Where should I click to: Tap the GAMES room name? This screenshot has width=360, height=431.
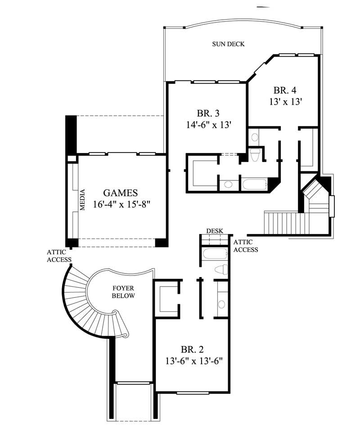pos(120,193)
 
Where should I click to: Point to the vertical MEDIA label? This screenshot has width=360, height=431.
pos(83,200)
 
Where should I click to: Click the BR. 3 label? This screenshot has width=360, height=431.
pos(208,113)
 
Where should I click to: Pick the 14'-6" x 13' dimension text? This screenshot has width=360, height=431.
pos(208,124)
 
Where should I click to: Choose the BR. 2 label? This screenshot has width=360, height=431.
pos(193,349)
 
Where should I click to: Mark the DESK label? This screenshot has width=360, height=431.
pos(214,231)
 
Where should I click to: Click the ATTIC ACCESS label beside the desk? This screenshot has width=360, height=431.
pos(246,246)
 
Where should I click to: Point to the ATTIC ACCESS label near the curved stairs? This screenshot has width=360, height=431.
pos(59,256)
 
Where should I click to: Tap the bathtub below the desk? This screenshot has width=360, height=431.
pos(215,254)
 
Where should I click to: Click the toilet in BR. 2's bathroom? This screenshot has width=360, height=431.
pos(221,269)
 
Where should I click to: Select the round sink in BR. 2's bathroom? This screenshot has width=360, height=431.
pos(221,304)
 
